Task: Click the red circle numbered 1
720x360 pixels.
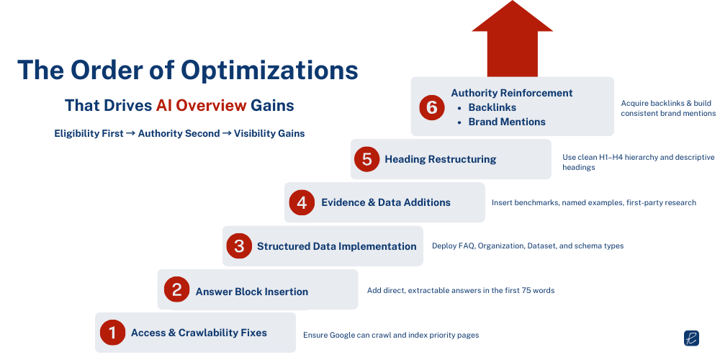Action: (112, 332)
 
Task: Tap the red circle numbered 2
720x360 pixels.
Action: (176, 289)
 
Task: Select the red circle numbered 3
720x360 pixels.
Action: (238, 246)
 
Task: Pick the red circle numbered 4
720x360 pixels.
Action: (302, 202)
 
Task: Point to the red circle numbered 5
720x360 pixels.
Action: (366, 159)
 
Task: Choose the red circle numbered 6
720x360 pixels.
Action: (431, 107)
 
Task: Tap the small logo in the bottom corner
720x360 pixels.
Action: (691, 338)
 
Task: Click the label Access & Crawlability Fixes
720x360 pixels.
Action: (199, 333)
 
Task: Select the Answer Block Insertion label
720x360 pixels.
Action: (251, 292)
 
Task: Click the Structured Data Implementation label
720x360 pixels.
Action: (336, 246)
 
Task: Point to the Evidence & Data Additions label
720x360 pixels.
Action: (385, 202)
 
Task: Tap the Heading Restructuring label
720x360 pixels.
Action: (440, 159)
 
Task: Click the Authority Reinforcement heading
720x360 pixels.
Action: (511, 93)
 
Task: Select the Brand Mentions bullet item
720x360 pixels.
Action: (507, 122)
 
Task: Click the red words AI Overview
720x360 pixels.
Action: (201, 105)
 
